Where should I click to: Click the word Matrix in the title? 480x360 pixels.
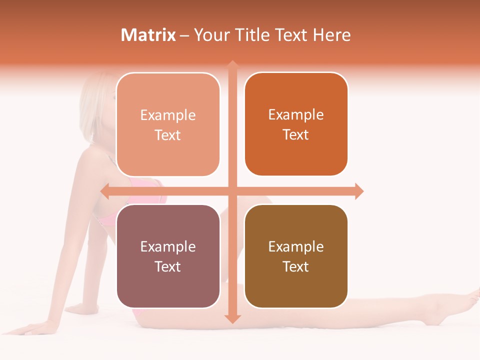coord(148,35)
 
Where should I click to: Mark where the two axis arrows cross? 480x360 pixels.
coord(232,191)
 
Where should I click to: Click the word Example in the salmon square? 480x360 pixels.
coord(168,115)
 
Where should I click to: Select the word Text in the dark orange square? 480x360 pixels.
coord(296,135)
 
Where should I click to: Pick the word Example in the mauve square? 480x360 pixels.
coord(168,247)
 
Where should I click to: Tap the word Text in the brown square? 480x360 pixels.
coord(296,266)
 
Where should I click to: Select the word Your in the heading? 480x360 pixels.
coord(210,35)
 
